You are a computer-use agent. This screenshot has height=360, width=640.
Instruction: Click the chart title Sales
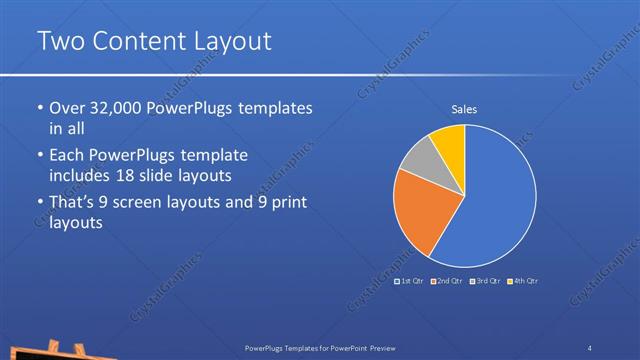(464, 108)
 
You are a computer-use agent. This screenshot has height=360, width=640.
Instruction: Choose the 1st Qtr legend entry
(411, 281)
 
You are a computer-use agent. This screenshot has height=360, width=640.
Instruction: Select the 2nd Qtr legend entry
(448, 281)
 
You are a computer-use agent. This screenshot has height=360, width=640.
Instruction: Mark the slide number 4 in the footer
(590, 347)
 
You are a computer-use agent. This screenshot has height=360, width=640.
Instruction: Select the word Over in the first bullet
(66, 108)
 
